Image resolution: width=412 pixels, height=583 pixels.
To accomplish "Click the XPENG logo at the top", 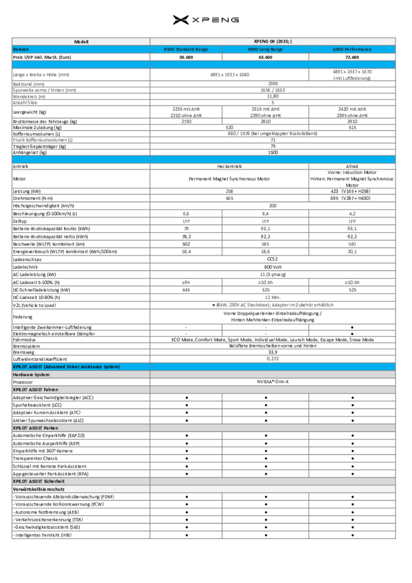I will point(206,20).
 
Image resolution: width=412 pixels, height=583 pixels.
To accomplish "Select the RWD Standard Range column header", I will point(186,50).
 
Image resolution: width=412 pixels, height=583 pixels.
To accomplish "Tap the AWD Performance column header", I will point(353,50).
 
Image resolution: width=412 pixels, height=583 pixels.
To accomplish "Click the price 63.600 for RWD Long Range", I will point(265,57).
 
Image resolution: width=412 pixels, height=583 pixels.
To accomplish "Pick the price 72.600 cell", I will point(353,57).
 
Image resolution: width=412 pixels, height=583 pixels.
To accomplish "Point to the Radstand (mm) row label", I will point(29,84).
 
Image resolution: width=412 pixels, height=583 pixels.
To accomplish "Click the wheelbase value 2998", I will point(273,84).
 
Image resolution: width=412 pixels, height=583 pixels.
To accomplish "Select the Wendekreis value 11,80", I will point(273,96).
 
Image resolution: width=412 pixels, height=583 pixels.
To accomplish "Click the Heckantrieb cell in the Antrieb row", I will point(230,166).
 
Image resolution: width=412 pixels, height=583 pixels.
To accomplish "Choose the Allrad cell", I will point(353,166).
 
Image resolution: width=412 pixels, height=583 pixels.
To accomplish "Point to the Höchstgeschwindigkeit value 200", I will point(273,206).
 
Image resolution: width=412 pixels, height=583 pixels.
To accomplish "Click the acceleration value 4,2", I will point(353,214).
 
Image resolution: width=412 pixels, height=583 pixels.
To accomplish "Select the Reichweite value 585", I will point(265,244).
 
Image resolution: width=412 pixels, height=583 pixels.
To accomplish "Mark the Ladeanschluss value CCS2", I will point(273,259).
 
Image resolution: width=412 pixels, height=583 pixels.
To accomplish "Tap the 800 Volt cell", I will point(273,266).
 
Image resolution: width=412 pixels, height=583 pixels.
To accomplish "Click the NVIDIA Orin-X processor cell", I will point(273,381).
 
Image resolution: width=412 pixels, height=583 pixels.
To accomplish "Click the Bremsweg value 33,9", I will point(273,352).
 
